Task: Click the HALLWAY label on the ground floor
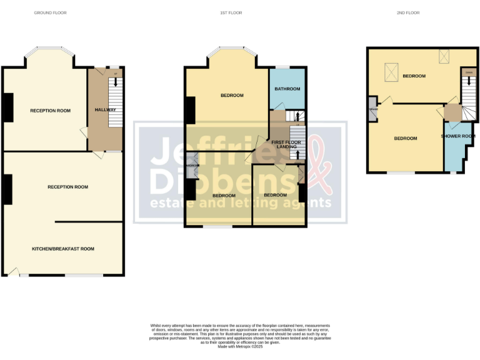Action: (x=105, y=110)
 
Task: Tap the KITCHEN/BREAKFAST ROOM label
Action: (x=63, y=249)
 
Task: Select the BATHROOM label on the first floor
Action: (x=287, y=89)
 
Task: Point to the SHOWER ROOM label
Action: (x=458, y=136)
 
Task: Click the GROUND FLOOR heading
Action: (x=50, y=12)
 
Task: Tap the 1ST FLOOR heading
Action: (x=232, y=12)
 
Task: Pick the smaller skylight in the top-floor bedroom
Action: (x=445, y=56)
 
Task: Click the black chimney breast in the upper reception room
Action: (x=9, y=107)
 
